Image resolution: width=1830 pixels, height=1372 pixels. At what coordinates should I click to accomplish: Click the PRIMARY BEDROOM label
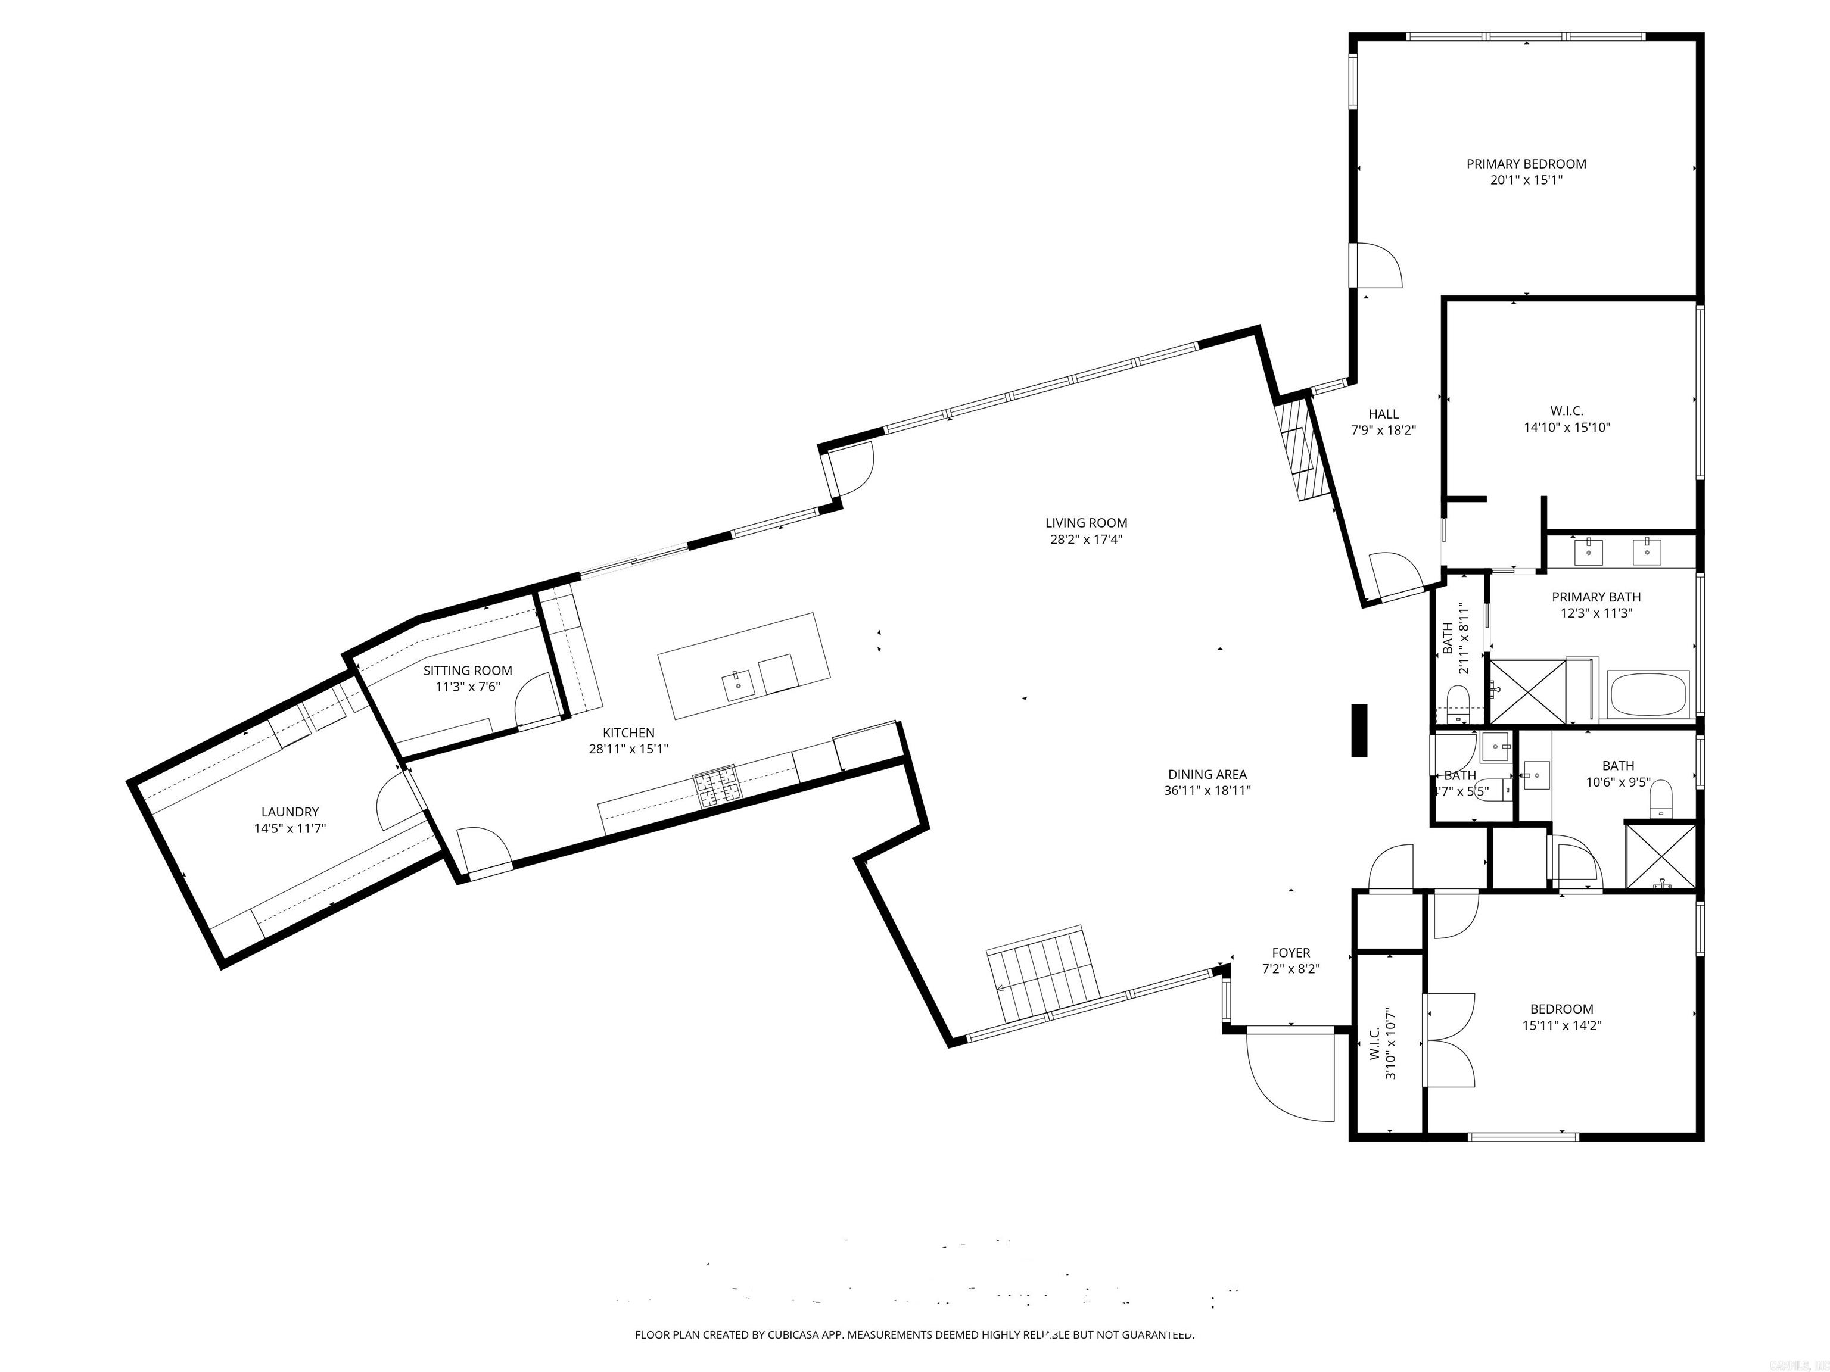(1526, 164)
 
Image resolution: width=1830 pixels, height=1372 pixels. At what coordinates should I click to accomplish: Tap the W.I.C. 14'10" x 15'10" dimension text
(1566, 428)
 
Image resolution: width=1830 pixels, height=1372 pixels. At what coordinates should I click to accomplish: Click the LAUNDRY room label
(290, 812)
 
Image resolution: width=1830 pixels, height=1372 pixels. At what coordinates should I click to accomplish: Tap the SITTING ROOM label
(468, 671)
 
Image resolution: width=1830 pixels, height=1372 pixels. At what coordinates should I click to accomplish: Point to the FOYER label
(1291, 953)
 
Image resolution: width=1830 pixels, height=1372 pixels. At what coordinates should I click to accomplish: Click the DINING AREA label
(1207, 775)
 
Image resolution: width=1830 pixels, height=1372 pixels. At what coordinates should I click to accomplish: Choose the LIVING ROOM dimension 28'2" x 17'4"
(1086, 539)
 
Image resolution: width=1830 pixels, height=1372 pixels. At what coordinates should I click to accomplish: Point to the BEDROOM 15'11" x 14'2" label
(1561, 1017)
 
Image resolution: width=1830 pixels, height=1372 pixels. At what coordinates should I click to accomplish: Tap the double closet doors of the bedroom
(1449, 1040)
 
